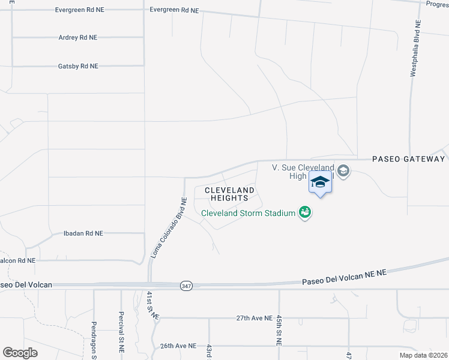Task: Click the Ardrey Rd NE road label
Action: tap(78, 38)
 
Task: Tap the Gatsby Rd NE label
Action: tap(78, 67)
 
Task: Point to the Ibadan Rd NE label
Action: tap(83, 233)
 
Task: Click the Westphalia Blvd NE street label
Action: tap(414, 47)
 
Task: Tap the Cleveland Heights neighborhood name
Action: tap(229, 194)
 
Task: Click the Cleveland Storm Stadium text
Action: tap(248, 213)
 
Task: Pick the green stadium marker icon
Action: tap(305, 212)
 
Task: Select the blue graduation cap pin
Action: tap(320, 182)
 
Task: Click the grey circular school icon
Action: tap(343, 172)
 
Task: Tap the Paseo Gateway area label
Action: tap(409, 159)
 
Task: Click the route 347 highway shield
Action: tap(186, 287)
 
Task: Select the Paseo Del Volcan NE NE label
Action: tap(344, 277)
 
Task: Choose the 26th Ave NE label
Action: tap(178, 346)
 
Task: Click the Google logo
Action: tap(20, 353)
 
